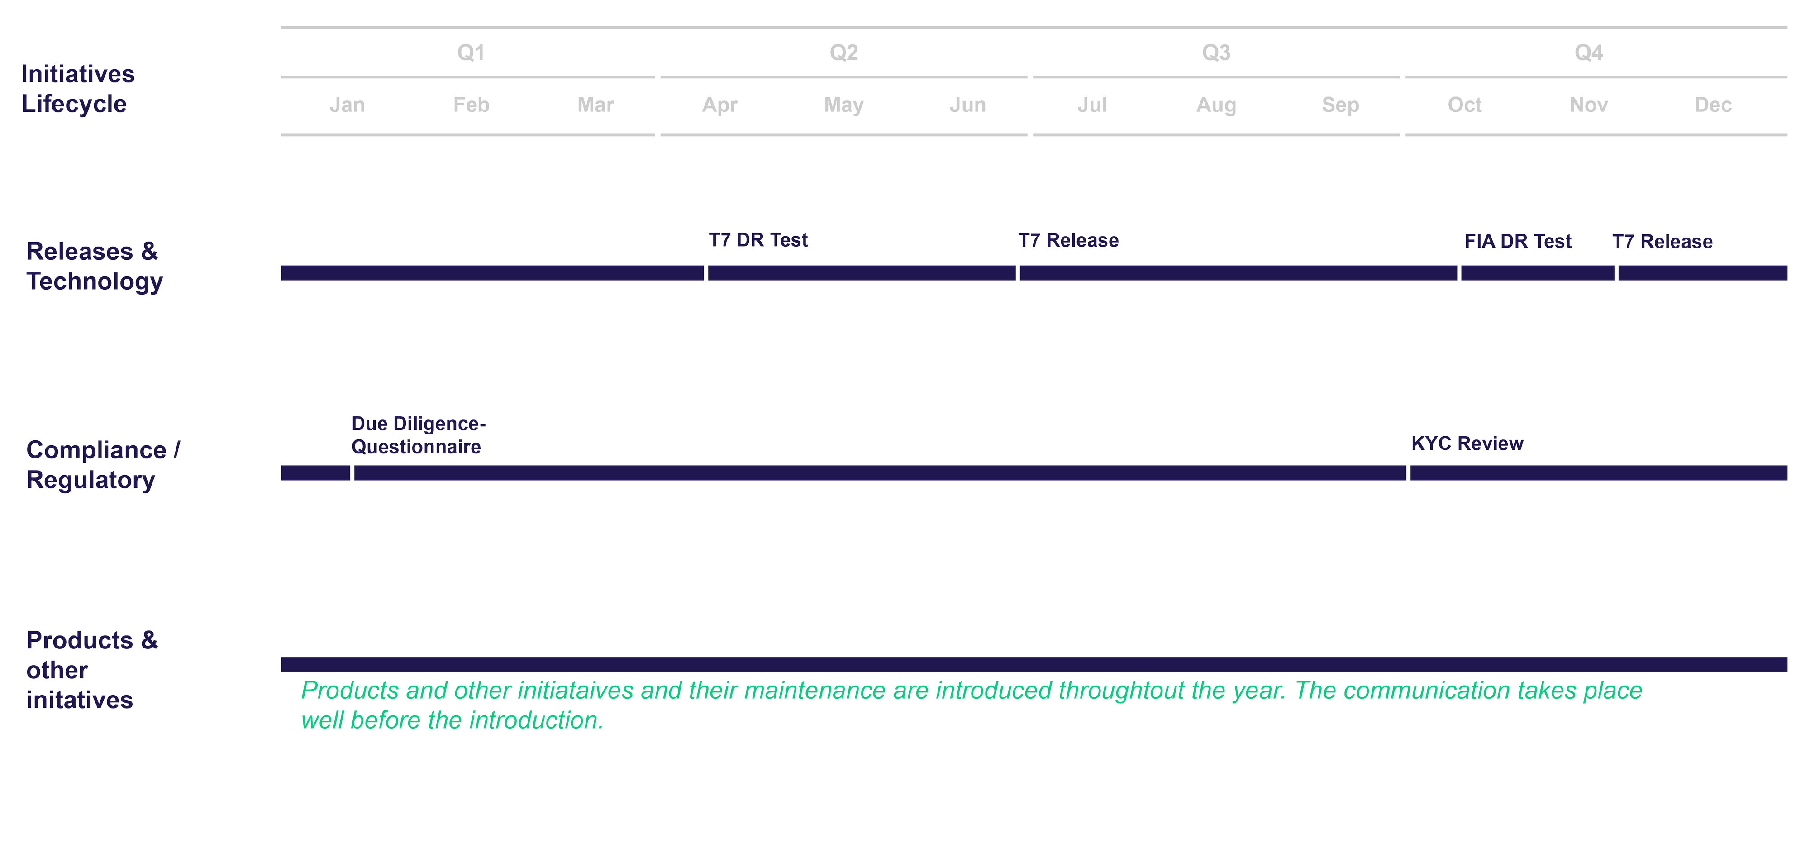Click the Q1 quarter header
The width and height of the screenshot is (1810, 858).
click(x=471, y=52)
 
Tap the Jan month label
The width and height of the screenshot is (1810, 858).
click(x=347, y=105)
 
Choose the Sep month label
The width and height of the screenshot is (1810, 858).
click(x=1340, y=105)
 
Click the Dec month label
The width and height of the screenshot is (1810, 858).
click(x=1712, y=105)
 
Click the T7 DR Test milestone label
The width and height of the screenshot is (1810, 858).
click(x=757, y=240)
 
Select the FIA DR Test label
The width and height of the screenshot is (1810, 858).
click(x=1518, y=242)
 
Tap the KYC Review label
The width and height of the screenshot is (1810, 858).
click(x=1467, y=443)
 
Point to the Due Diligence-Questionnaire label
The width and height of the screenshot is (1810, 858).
click(x=418, y=435)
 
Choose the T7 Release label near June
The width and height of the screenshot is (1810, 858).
click(x=1068, y=240)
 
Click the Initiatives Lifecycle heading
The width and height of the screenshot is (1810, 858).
click(x=77, y=89)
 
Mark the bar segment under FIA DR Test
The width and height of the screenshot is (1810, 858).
click(x=1538, y=272)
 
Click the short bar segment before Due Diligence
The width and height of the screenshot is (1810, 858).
click(x=315, y=473)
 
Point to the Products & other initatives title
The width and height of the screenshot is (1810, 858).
click(x=91, y=670)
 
